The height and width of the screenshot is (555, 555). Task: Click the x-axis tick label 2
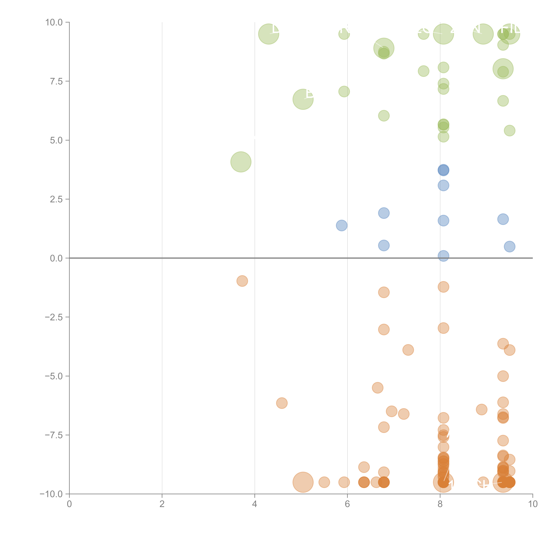tap(162, 504)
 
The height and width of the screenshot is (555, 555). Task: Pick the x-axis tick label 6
tap(347, 504)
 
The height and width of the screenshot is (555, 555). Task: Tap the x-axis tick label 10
tap(533, 504)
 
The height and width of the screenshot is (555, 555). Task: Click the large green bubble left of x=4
tap(241, 162)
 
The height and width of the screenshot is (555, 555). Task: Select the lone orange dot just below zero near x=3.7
tap(242, 281)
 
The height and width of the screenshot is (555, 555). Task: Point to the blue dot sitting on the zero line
tap(443, 256)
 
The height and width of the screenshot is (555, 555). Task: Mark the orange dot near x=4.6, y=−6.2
tap(282, 403)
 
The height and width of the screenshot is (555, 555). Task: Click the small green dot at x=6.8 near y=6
tap(384, 116)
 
